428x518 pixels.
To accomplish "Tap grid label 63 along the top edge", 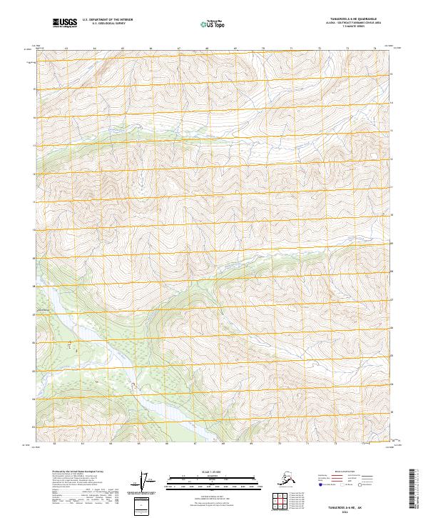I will point(66,49).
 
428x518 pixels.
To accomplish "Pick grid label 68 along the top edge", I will point(206,49).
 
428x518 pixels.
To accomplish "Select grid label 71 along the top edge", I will point(290,49).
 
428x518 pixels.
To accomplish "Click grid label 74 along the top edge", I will point(374,49).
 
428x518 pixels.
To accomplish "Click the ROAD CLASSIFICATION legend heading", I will point(346,472).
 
